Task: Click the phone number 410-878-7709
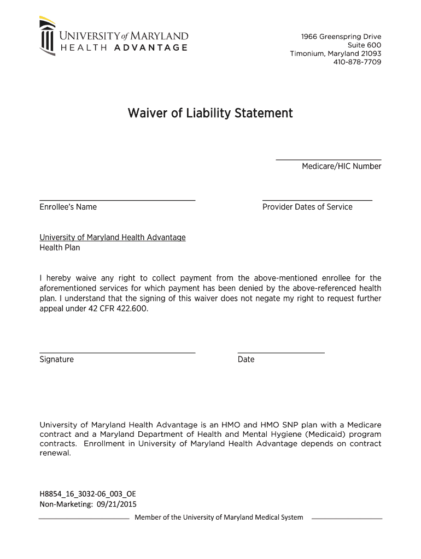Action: [357, 62]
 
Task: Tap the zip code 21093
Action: [371, 53]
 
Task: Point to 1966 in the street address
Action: [309, 37]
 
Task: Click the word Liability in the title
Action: [208, 114]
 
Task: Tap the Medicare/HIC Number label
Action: [341, 166]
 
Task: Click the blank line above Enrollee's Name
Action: [117, 200]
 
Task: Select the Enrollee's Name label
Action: [68, 207]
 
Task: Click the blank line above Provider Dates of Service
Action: [317, 200]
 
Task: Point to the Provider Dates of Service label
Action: [307, 207]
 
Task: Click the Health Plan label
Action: [60, 248]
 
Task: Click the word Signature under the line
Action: [56, 360]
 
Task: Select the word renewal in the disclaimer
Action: [55, 453]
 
